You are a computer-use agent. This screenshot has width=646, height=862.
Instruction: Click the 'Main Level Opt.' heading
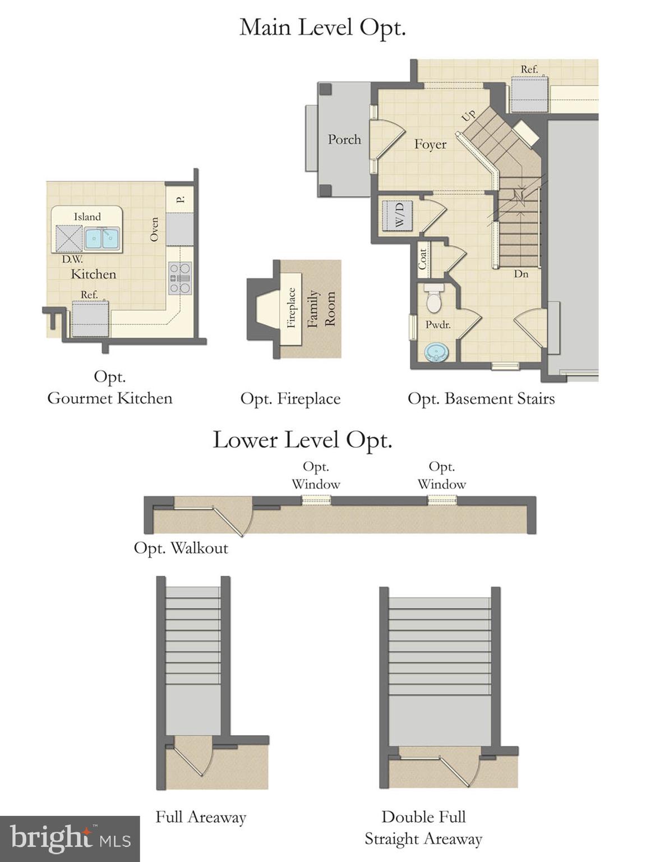(322, 27)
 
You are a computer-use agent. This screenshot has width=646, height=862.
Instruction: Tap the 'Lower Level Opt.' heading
(302, 440)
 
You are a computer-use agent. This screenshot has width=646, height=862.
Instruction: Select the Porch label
(344, 140)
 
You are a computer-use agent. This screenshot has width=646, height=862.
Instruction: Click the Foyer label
(430, 144)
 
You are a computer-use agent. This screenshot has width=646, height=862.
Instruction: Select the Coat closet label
(423, 259)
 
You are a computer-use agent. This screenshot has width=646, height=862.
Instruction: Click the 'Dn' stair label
(521, 274)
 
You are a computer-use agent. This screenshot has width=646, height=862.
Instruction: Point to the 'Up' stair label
(468, 116)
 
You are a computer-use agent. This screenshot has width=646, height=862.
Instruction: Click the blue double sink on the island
(102, 239)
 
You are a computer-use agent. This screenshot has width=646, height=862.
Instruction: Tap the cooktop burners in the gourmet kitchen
(180, 278)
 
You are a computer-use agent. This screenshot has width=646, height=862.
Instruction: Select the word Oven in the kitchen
(154, 230)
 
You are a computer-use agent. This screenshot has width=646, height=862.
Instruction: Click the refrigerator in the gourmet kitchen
(90, 318)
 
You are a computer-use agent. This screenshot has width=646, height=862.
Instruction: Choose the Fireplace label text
(291, 308)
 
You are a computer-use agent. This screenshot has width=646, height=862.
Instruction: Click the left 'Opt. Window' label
(316, 475)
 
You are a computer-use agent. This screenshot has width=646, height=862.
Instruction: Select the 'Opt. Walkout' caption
(181, 548)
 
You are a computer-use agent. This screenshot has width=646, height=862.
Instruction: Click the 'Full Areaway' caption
(201, 817)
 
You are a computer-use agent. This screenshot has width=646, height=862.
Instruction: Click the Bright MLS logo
(70, 838)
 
